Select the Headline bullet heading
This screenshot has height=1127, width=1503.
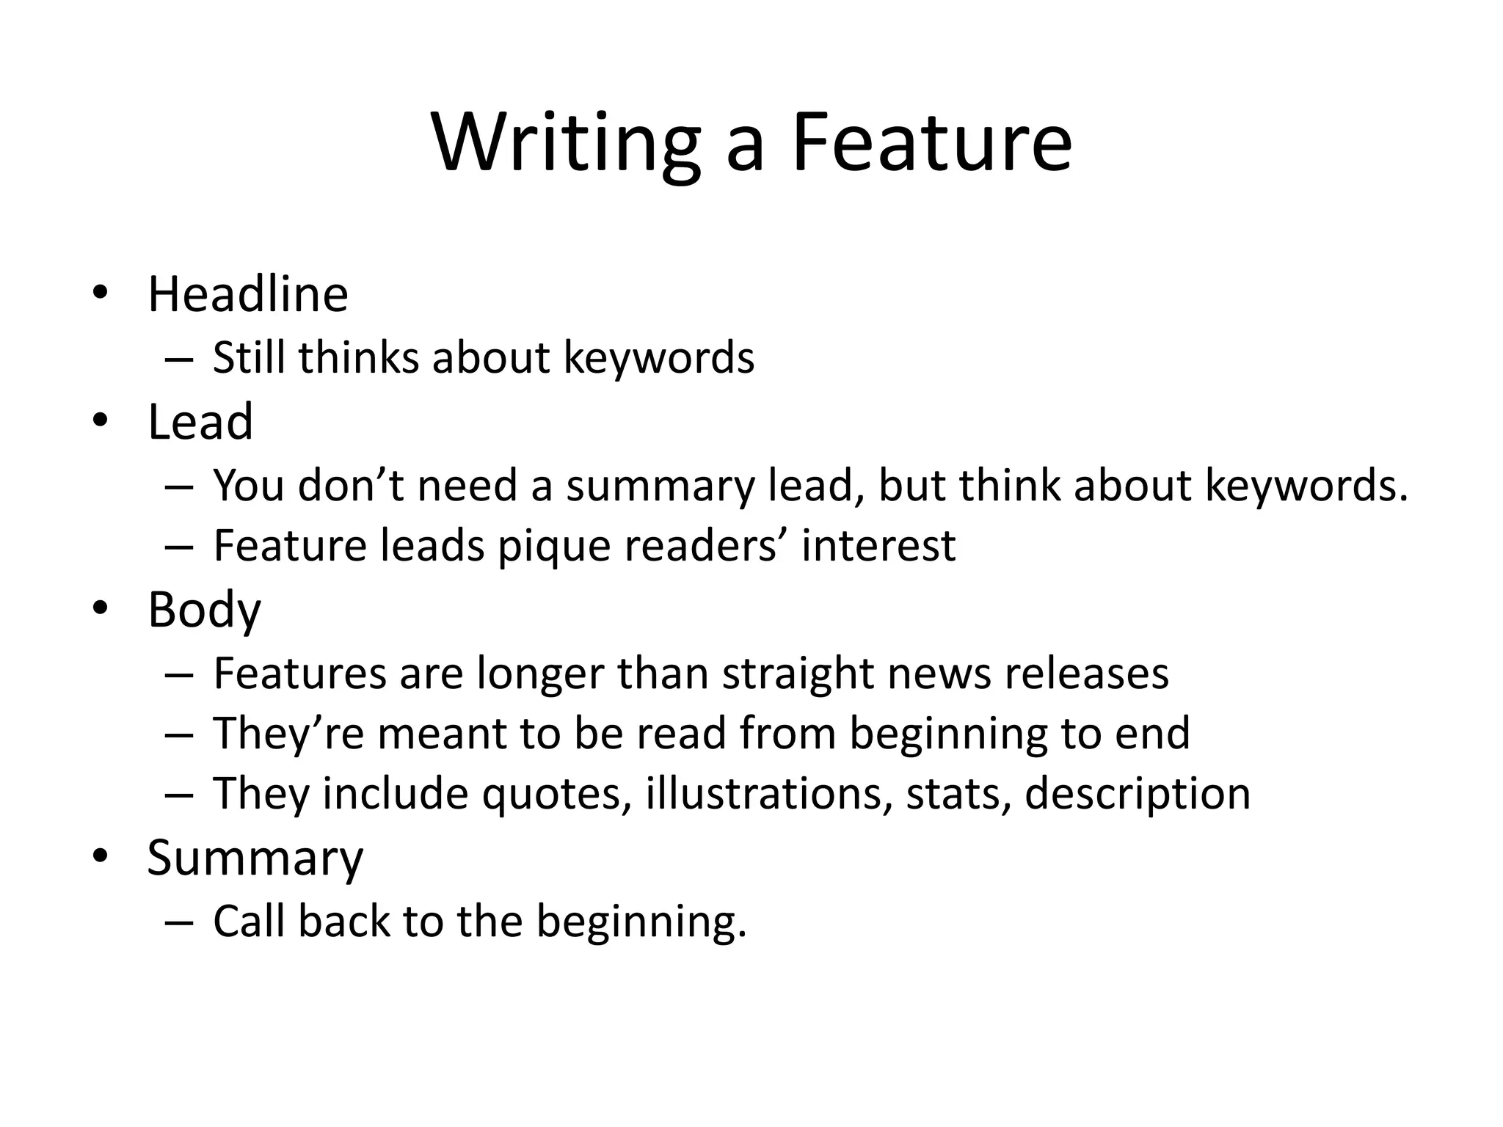pyautogui.click(x=248, y=295)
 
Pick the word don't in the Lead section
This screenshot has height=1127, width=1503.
pyautogui.click(x=352, y=486)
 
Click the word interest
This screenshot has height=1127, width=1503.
pyautogui.click(x=878, y=547)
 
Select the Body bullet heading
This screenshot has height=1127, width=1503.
pyautogui.click(x=204, y=610)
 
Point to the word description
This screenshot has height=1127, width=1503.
pyautogui.click(x=1138, y=794)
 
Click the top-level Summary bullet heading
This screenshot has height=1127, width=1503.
pyautogui.click(x=255, y=858)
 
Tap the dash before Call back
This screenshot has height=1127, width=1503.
pyautogui.click(x=179, y=922)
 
